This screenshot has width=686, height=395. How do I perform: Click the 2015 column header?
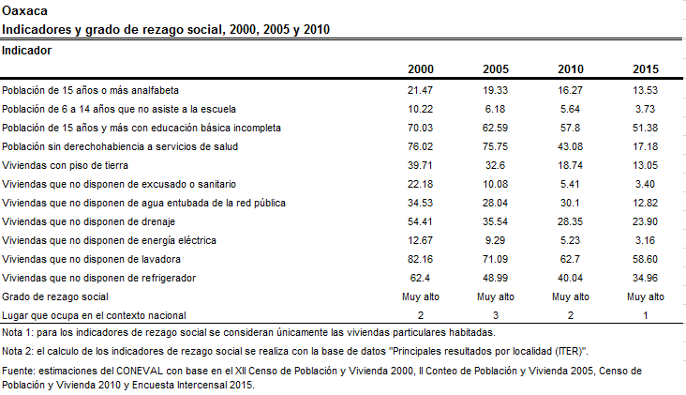(646, 69)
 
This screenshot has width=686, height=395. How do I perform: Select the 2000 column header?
(421, 69)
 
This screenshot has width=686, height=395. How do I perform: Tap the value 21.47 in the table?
(420, 90)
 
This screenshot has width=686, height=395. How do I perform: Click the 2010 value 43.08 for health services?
(570, 146)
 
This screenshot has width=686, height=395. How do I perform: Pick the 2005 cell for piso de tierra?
(495, 165)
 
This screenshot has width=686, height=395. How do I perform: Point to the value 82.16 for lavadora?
(420, 259)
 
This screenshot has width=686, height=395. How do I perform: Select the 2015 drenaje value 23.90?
(645, 221)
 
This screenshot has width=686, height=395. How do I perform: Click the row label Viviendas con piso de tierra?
(66, 165)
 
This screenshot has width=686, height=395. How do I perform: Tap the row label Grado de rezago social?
(55, 296)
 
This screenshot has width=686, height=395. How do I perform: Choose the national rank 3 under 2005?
(495, 315)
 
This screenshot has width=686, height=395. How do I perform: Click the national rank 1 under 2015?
(646, 315)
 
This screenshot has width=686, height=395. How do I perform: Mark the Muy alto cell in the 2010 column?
(571, 296)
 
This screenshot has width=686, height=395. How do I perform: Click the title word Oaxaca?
(25, 10)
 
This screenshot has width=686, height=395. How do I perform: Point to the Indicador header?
(26, 51)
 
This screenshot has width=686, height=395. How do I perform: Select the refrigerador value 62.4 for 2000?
(420, 278)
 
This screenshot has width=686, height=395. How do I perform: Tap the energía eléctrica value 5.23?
(570, 240)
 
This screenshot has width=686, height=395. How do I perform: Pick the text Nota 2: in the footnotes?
(18, 351)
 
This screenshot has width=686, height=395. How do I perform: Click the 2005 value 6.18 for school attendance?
(495, 109)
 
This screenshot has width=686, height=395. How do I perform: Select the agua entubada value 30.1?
(570, 203)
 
